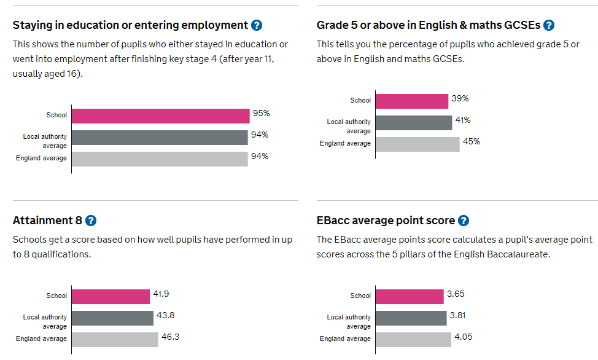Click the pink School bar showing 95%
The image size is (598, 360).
coord(161,116)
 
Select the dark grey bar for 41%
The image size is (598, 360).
coord(414,123)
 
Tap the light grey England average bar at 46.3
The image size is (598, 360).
coord(115,340)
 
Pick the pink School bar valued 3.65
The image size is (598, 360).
coord(410,297)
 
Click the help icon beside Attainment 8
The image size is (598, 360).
coord(91,221)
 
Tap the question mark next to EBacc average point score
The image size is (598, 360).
coord(464,221)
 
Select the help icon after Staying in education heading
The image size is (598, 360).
coord(257,25)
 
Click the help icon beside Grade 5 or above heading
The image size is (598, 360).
coord(549,25)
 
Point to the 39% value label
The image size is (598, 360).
coord(460,98)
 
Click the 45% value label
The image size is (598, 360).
coord(472,142)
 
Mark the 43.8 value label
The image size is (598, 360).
coord(166,315)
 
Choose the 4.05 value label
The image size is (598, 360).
coord(464,337)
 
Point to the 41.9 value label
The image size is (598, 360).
coord(161,294)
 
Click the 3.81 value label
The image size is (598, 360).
coord(457,315)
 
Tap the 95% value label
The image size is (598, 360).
coord(262,114)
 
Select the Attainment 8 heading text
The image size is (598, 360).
coord(47,221)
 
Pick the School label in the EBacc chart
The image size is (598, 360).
coord(360,295)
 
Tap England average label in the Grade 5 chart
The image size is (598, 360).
coord(345,143)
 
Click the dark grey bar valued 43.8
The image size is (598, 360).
coord(112,318)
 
